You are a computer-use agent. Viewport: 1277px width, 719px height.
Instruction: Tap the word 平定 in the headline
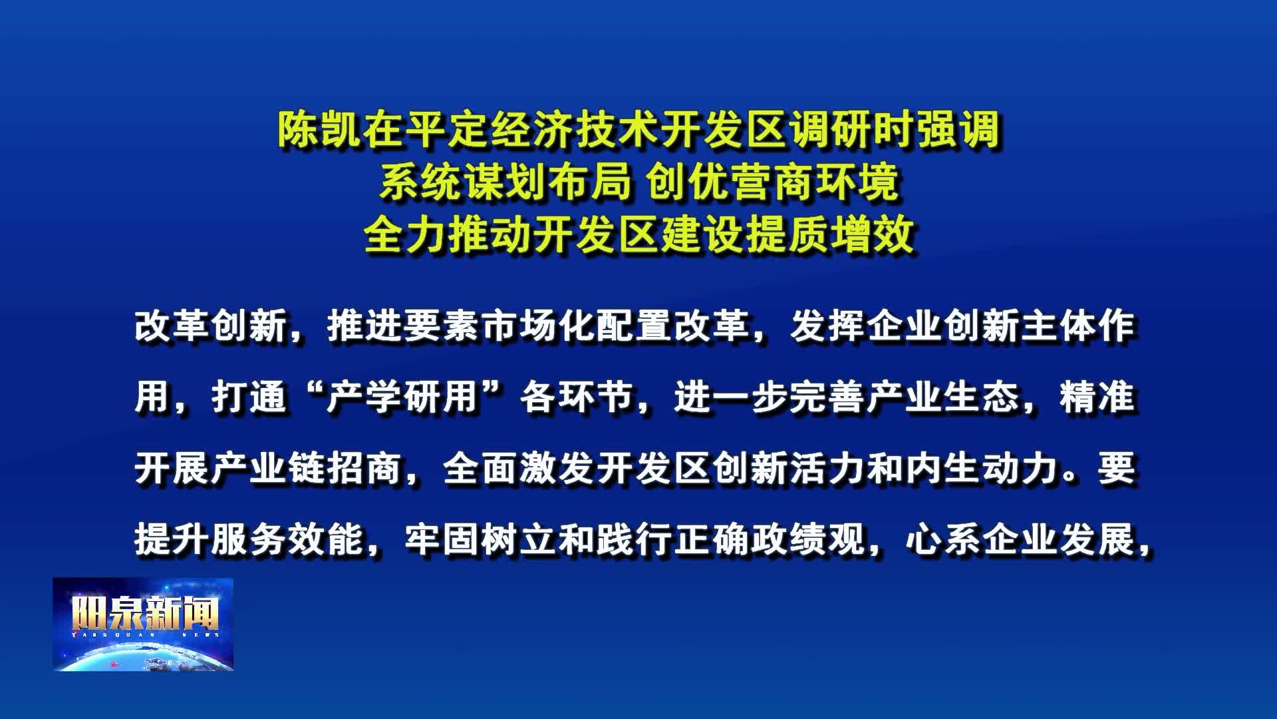pos(448,130)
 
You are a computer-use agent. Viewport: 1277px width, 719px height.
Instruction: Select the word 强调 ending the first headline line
pos(958,130)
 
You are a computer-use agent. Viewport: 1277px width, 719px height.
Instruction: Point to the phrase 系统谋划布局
pos(504,183)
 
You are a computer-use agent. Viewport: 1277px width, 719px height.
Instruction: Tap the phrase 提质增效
pos(831,235)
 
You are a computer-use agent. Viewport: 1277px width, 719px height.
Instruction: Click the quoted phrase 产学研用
pos(403,398)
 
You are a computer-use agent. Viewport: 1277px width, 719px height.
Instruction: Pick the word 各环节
pos(577,398)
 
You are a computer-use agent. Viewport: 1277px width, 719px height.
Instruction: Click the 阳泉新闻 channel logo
pos(143,624)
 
